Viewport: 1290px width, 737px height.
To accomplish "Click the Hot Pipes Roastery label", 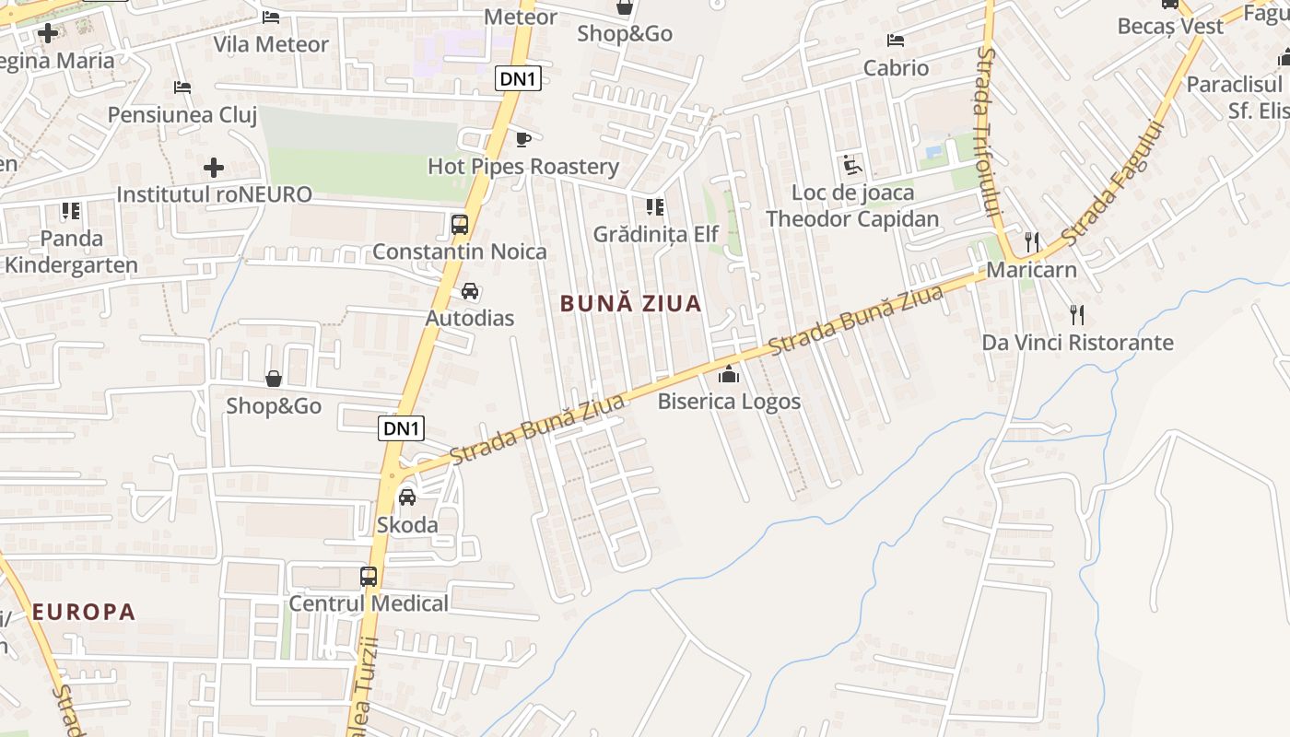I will (x=523, y=167).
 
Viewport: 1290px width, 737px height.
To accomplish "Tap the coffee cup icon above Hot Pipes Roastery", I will (x=523, y=140).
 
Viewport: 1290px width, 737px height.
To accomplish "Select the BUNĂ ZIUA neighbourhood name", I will (x=631, y=303).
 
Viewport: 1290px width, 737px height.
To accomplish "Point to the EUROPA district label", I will (x=84, y=612).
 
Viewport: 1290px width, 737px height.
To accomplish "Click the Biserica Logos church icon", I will (x=729, y=374).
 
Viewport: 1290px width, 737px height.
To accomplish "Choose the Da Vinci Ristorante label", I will (x=1077, y=343).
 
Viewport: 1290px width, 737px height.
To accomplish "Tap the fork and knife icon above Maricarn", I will (x=1032, y=242).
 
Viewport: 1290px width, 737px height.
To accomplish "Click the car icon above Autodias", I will (x=470, y=291).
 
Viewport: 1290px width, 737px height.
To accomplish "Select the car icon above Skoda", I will (x=406, y=497).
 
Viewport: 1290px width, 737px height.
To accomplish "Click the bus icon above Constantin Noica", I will (x=459, y=224).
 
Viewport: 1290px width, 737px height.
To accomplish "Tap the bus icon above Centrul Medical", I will (x=369, y=577).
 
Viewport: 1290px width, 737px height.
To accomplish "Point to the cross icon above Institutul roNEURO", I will (x=214, y=168).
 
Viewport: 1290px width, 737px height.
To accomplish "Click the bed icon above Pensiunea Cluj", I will (x=182, y=88).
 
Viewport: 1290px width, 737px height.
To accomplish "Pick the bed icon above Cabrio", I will (x=896, y=41).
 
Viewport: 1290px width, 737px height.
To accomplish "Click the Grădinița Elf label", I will (x=655, y=234).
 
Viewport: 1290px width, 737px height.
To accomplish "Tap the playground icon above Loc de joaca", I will (x=852, y=166).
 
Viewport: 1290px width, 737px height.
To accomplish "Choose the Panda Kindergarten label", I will (x=71, y=252).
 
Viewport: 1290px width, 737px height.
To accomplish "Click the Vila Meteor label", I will (x=271, y=44).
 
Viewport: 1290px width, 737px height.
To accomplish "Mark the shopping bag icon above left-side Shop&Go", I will (x=274, y=379).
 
